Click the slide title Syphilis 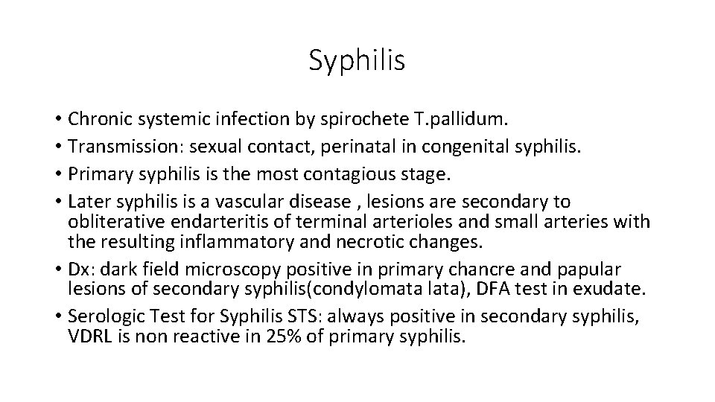click(x=357, y=60)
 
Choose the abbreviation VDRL click(x=89, y=336)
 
